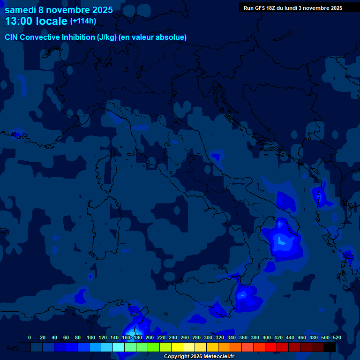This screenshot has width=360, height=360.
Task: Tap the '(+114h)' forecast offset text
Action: [x=83, y=21]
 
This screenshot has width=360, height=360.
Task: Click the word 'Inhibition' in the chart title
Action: [x=78, y=37]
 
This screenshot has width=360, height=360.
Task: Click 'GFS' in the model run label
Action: [x=259, y=8]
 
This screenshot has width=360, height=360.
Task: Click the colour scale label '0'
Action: [x=30, y=337]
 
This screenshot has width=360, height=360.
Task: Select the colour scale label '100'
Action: [x=91, y=337]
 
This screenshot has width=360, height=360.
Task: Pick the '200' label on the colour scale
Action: [x=150, y=337]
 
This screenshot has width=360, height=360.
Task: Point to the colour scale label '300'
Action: [x=208, y=337]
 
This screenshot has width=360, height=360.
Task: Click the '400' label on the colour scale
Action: [x=267, y=337]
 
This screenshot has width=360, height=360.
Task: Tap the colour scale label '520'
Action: [x=337, y=337]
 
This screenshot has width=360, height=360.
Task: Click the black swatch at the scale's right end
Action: [x=330, y=347]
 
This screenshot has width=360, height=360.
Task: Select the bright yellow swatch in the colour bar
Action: [x=177, y=347]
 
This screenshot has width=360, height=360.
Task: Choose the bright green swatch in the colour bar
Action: [x=154, y=347]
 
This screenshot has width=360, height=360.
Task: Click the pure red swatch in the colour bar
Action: [x=271, y=347]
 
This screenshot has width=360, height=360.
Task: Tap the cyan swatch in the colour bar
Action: [x=119, y=347]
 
